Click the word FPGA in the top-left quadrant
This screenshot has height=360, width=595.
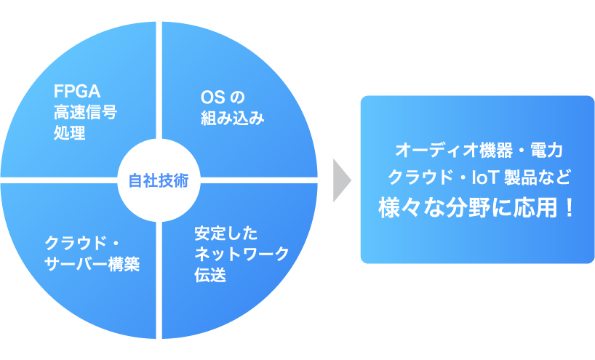(77, 92)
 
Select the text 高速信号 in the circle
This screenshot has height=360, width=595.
(85, 113)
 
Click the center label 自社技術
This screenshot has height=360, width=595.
(159, 180)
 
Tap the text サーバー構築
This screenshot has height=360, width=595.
(92, 263)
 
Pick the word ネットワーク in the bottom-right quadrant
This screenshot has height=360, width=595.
(241, 255)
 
